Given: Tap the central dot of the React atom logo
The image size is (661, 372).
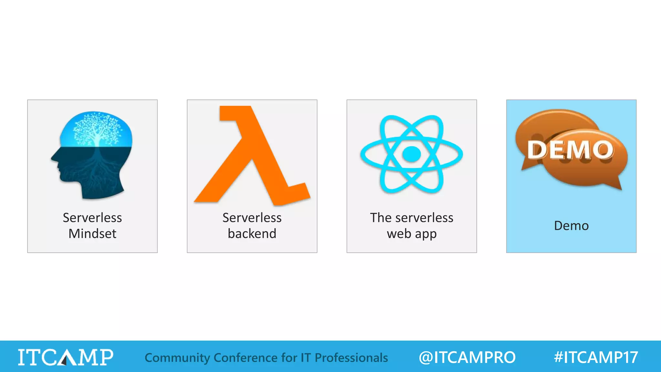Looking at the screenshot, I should pyautogui.click(x=412, y=154).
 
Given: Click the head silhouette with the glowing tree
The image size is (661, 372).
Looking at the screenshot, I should pyautogui.click(x=92, y=155).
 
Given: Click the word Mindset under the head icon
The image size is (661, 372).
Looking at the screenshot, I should pyautogui.click(x=92, y=233).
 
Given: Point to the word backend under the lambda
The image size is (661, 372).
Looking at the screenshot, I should pyautogui.click(x=252, y=233).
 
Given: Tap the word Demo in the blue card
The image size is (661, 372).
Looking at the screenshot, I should pyautogui.click(x=571, y=225).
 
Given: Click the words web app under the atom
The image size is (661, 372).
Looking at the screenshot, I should pyautogui.click(x=412, y=233).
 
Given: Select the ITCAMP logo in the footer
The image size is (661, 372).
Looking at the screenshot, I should pyautogui.click(x=66, y=357).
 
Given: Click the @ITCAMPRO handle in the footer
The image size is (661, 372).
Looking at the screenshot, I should pyautogui.click(x=467, y=357).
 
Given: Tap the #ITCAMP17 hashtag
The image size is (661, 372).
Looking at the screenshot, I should pyautogui.click(x=596, y=357).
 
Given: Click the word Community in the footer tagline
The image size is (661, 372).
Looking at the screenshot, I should pyautogui.click(x=177, y=358).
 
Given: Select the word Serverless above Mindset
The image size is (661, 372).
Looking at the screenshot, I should pyautogui.click(x=92, y=218).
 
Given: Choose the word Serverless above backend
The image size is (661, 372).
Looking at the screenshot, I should pyautogui.click(x=252, y=218).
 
